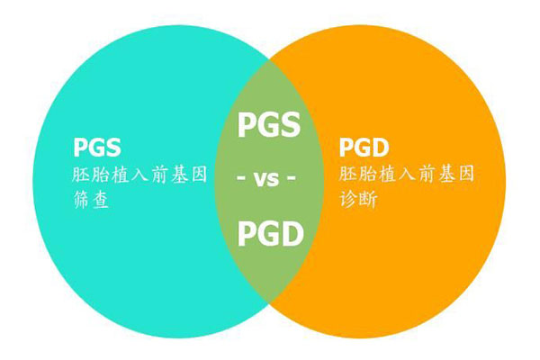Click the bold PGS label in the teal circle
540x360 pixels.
(x=97, y=148)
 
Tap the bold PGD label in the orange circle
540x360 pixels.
(x=364, y=148)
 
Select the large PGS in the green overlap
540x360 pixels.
(x=269, y=125)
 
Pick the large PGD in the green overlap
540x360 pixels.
(x=271, y=234)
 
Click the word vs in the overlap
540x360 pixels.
(x=265, y=179)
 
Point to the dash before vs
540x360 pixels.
(x=241, y=178)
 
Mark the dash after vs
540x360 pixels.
(x=292, y=178)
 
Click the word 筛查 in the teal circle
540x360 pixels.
(x=91, y=200)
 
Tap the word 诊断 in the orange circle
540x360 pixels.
(x=358, y=199)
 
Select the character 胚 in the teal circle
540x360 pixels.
(x=81, y=175)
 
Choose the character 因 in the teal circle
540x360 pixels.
(x=199, y=175)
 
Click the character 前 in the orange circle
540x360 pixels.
(x=427, y=174)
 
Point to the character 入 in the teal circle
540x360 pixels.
(x=139, y=175)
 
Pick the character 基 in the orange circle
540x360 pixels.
(x=447, y=174)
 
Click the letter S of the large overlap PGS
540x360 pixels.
(x=291, y=125)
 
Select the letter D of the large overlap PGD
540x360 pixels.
(x=292, y=234)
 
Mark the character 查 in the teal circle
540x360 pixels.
(x=101, y=200)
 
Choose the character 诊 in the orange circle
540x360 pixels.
(x=348, y=199)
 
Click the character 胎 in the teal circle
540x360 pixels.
(x=101, y=175)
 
